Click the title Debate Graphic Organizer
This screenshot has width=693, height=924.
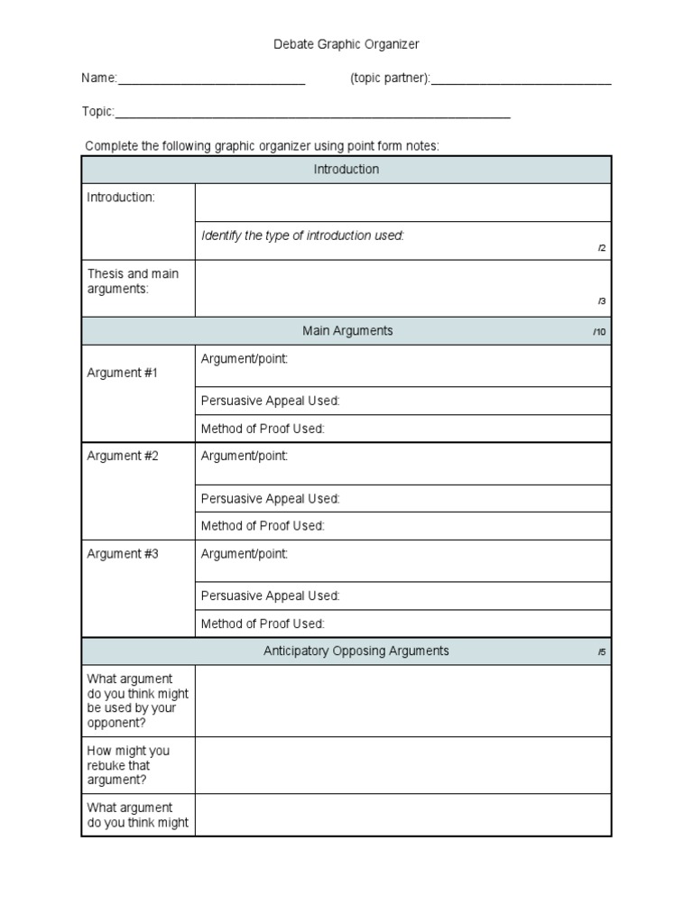click(346, 43)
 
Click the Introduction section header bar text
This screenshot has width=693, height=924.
click(346, 170)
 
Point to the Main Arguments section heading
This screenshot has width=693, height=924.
click(347, 331)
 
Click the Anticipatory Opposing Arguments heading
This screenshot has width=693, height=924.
click(356, 651)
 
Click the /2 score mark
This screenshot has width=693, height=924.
click(602, 248)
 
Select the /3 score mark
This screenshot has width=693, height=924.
click(602, 302)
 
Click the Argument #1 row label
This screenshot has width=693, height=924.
click(123, 373)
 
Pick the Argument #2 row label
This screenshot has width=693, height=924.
click(123, 457)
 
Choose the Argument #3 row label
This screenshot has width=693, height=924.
click(123, 554)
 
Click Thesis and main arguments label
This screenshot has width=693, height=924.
click(133, 281)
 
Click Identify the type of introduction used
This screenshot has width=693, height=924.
click(302, 236)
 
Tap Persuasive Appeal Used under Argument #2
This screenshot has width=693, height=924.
click(270, 499)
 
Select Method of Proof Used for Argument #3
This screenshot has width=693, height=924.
click(263, 624)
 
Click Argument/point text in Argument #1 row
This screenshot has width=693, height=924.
click(245, 359)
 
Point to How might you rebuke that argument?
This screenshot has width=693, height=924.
click(128, 765)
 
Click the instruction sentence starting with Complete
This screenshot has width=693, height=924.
click(262, 146)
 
